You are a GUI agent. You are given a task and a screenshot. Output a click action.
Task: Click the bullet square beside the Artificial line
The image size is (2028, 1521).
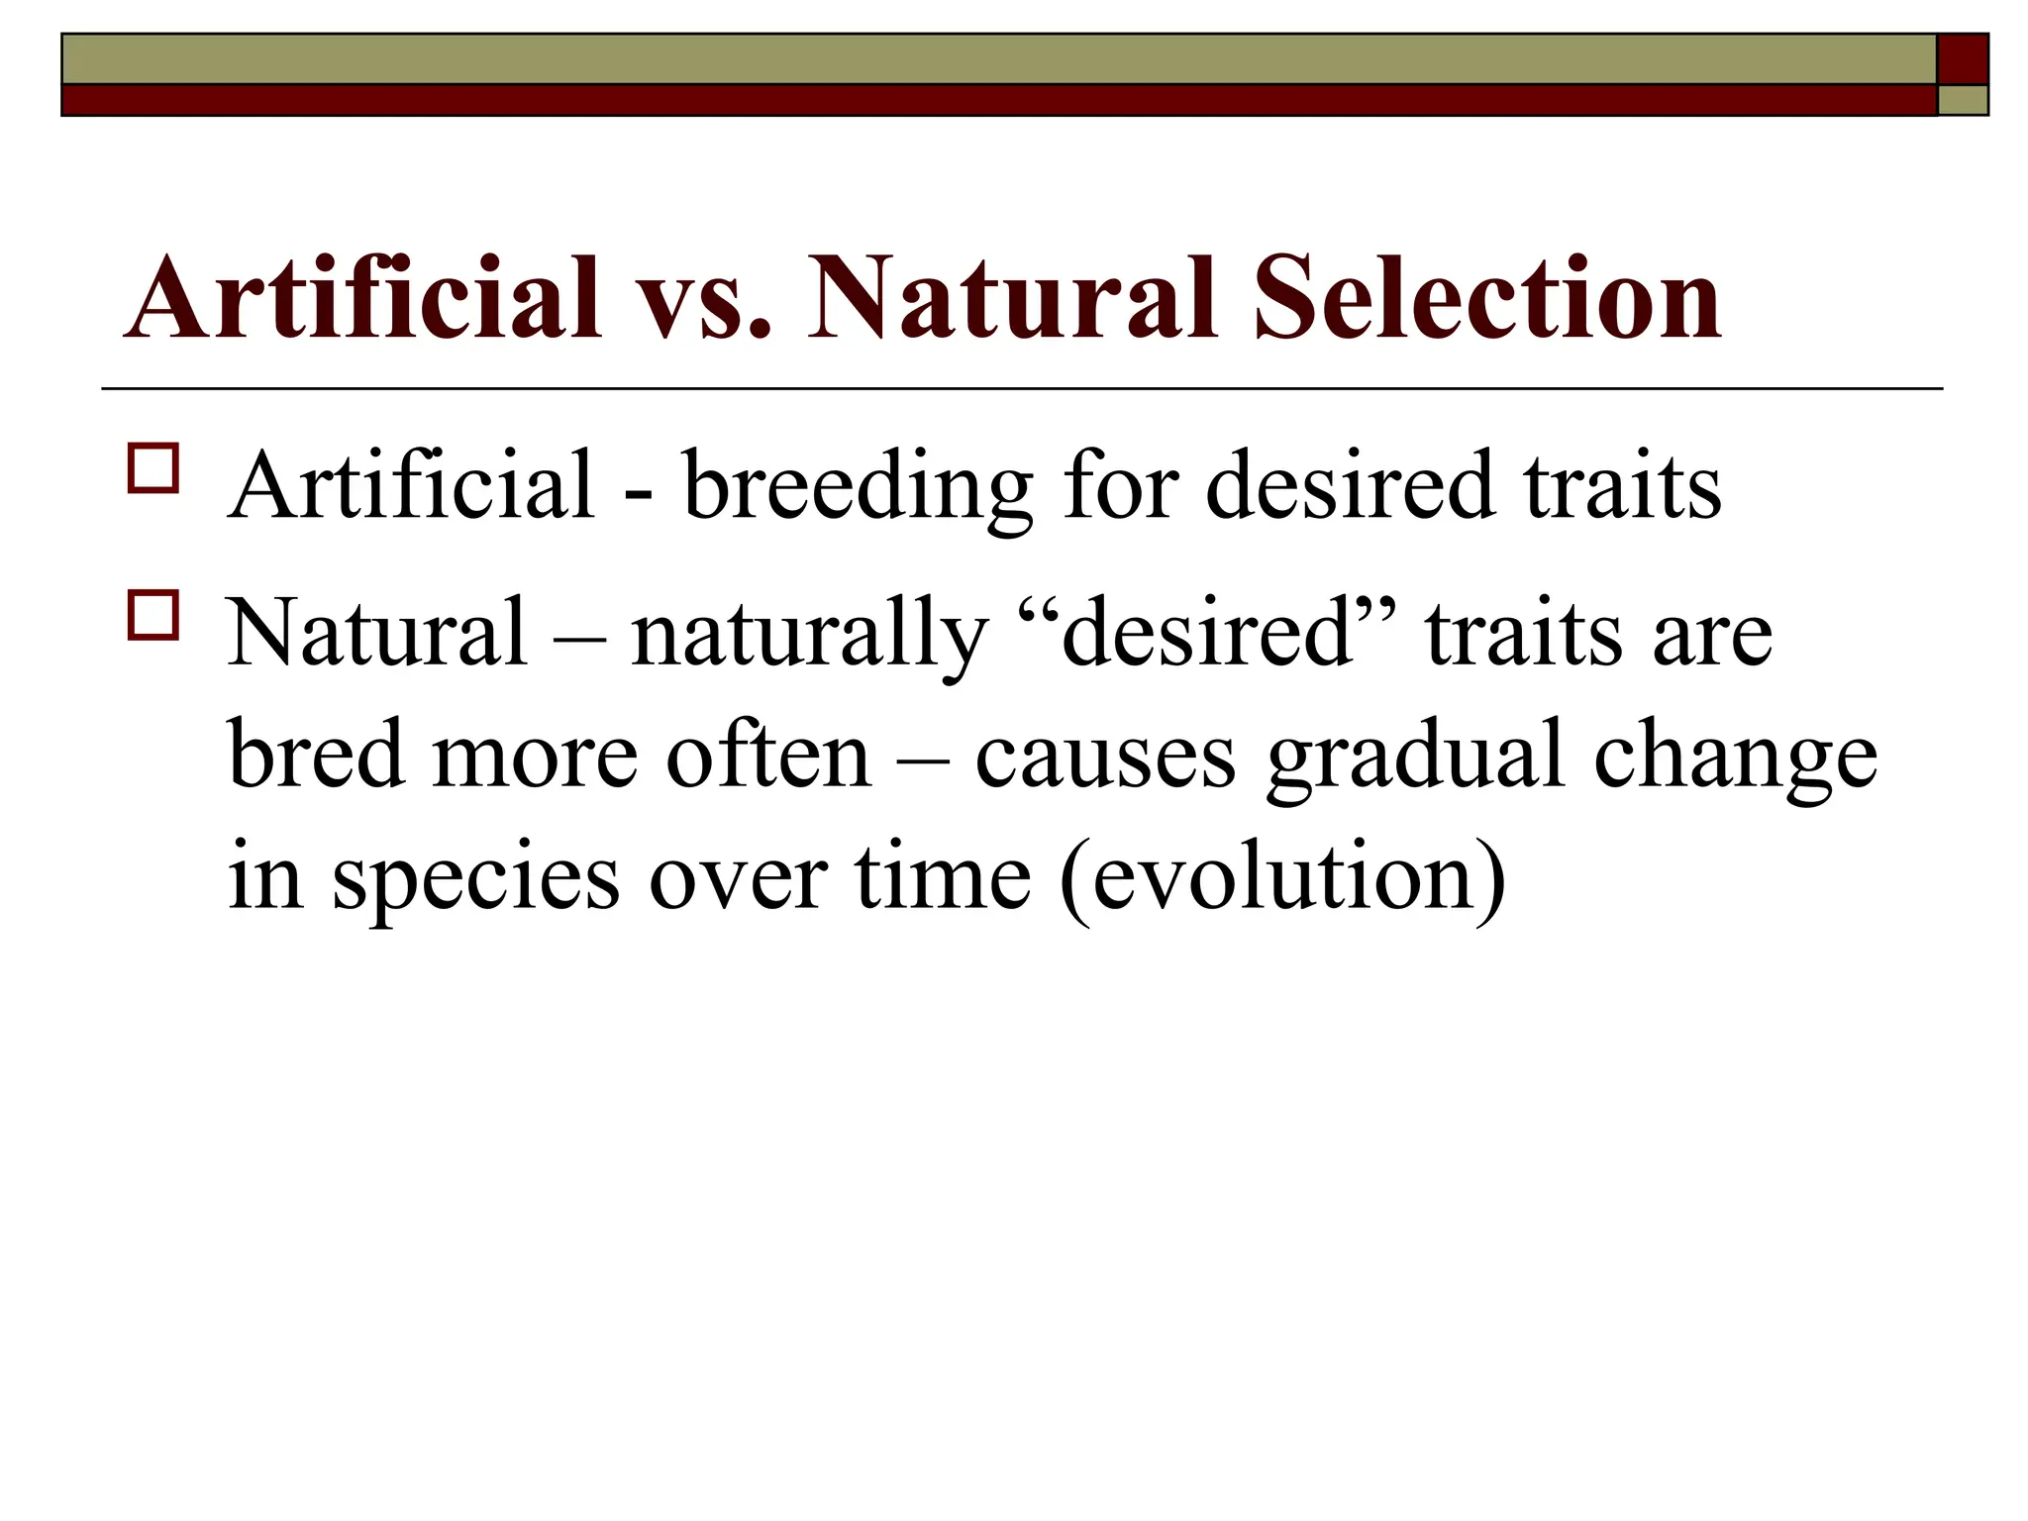pos(152,468)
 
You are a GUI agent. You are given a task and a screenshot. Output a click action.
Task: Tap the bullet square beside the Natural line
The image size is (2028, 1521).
pos(152,615)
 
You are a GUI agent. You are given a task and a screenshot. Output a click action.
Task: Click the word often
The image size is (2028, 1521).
pos(767,755)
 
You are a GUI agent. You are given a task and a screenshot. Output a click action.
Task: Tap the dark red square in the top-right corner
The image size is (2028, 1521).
pos(1963,59)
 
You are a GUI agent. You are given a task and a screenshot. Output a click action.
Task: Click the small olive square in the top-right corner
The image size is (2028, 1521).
pos(1963,101)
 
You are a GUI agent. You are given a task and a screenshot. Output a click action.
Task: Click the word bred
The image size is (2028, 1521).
pos(316,755)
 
